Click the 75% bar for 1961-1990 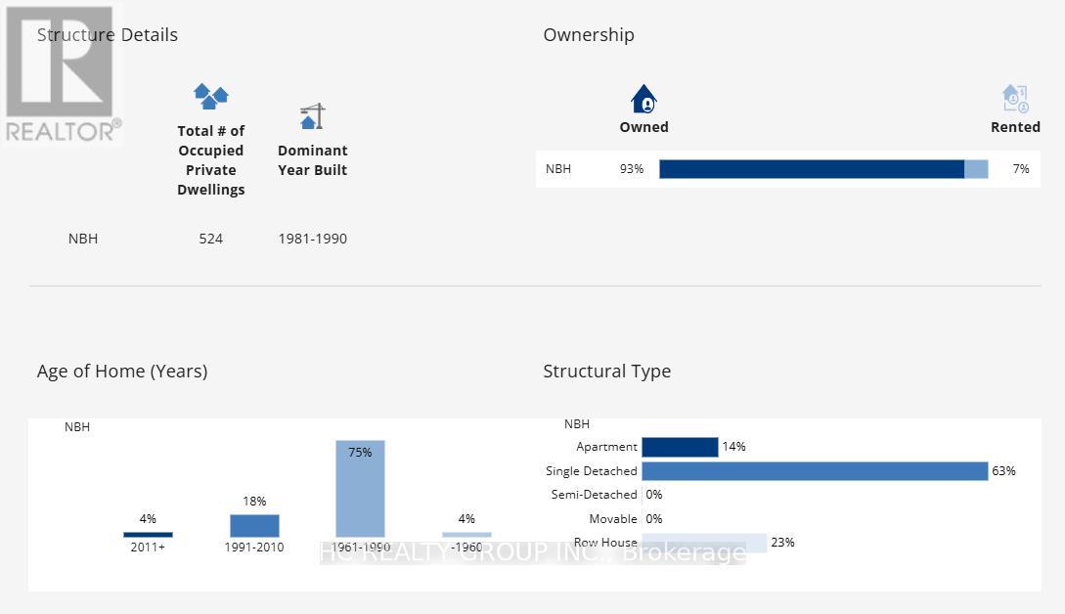point(360,489)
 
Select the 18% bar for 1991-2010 point(254,525)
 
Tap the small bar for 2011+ point(148,535)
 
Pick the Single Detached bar point(815,471)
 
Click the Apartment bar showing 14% point(680,447)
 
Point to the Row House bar point(704,543)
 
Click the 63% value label point(1003,471)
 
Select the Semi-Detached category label point(594,495)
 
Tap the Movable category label point(613,519)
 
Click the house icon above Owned point(643,99)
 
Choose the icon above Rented point(1015,99)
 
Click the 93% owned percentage point(632,169)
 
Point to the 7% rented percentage point(1021,169)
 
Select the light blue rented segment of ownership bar point(976,169)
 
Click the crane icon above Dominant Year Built point(312,116)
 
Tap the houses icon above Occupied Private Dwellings point(210,97)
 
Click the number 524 point(210,239)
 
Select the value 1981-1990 point(312,239)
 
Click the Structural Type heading point(606,372)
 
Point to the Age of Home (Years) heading point(122,372)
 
